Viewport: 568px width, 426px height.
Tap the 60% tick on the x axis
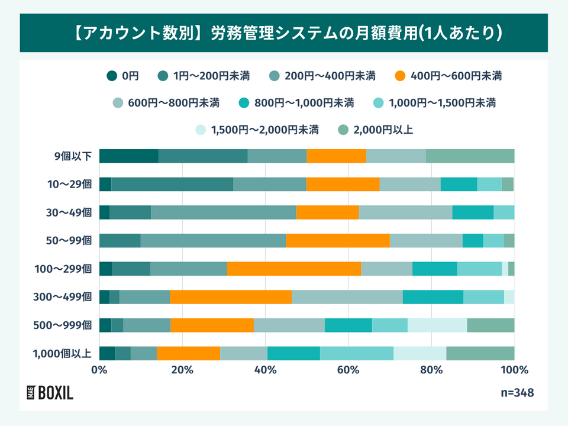[x=348, y=370]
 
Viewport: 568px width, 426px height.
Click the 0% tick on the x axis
[x=99, y=370]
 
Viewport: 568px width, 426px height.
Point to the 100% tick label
[x=514, y=370]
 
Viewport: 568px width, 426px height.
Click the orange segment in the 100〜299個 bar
[x=293, y=269]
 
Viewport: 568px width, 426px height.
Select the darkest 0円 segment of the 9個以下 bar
[x=128, y=156]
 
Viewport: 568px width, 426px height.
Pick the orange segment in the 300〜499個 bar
[x=231, y=297]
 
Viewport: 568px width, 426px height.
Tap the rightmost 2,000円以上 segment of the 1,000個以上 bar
[x=480, y=353]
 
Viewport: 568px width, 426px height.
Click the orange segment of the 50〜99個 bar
[x=338, y=241]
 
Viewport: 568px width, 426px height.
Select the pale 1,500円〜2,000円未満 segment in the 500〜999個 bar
[x=437, y=325]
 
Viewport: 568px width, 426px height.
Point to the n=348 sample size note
[x=517, y=392]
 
